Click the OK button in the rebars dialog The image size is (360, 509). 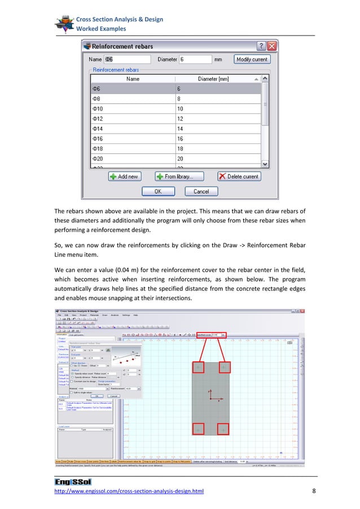(158, 191)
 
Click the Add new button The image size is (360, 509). (124, 176)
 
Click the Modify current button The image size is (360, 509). (253, 59)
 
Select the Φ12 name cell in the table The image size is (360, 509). (133, 119)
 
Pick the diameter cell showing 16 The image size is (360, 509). (218, 138)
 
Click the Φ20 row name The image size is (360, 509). (133, 159)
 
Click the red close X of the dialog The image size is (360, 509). (272, 46)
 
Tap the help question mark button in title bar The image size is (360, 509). (262, 46)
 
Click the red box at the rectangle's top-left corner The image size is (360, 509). (199, 367)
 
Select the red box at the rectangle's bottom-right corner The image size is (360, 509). (223, 429)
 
